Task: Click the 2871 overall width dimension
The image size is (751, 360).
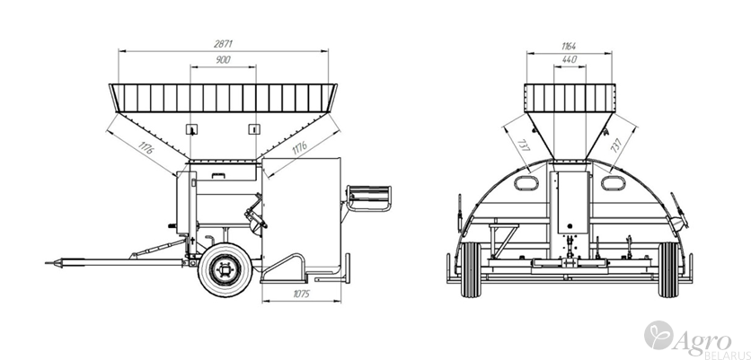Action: (x=224, y=42)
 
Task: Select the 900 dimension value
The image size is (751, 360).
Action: (x=224, y=59)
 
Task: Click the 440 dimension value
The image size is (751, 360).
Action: (x=568, y=59)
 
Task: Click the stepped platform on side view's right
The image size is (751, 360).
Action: (x=370, y=198)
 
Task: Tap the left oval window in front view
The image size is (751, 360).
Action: (x=521, y=184)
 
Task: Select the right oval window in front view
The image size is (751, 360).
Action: (x=614, y=184)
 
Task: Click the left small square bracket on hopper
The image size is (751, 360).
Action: (x=190, y=128)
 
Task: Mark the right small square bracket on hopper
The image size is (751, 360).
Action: (x=256, y=128)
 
